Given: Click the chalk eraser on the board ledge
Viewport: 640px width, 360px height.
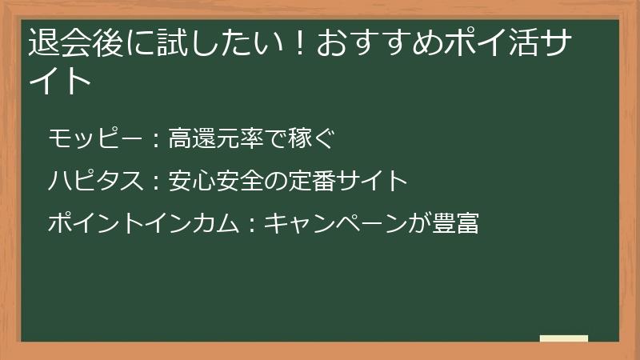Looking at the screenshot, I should (x=564, y=338).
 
